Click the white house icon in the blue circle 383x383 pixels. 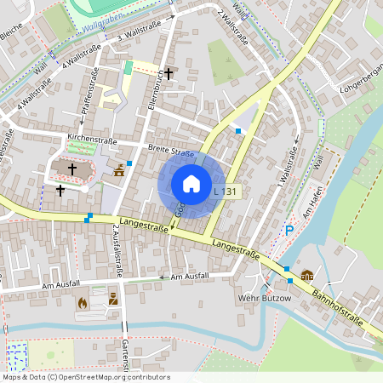coord(191,183)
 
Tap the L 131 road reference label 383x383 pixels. coord(226,192)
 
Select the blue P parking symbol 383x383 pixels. coord(289,230)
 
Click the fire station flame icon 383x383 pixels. coord(83,301)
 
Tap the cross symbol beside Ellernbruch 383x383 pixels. coord(169,74)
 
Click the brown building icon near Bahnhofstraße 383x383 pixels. coord(306,275)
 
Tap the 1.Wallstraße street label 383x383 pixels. coord(286,168)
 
